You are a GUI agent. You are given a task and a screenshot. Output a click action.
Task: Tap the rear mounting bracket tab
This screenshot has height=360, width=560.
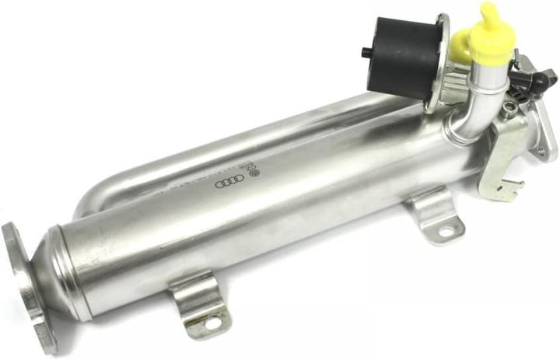(436, 214)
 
